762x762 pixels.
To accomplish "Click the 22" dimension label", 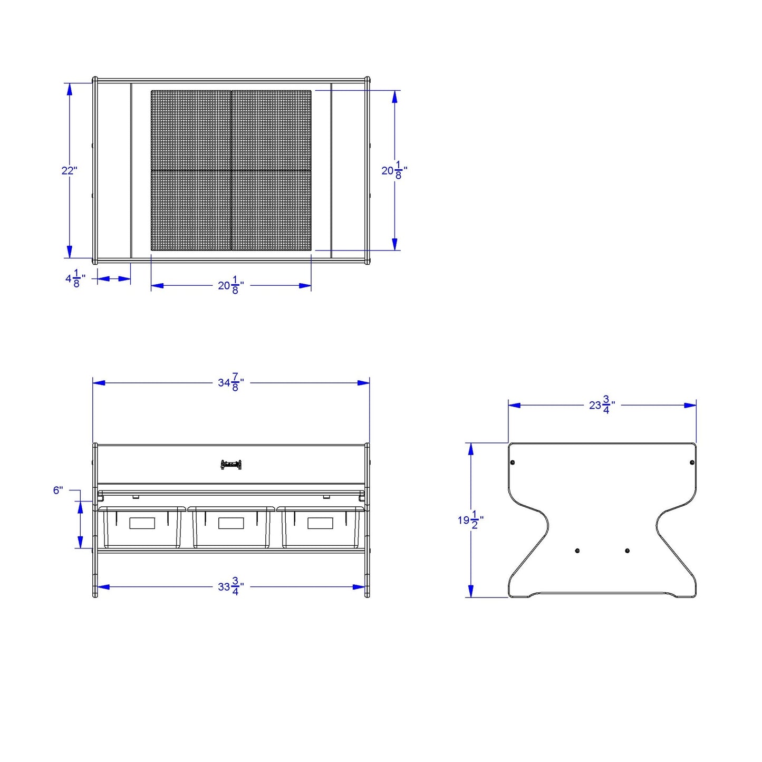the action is [x=69, y=171].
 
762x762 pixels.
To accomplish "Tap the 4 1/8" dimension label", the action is [x=75, y=278].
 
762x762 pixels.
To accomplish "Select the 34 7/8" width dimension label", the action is [x=231, y=382].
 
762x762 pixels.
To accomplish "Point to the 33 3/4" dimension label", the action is [x=231, y=587].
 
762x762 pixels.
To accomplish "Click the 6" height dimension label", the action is [x=58, y=490].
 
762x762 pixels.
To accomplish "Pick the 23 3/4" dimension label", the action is [x=602, y=405].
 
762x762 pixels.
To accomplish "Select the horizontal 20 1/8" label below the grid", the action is [x=231, y=285].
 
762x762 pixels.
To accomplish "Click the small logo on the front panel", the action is [x=231, y=465].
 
